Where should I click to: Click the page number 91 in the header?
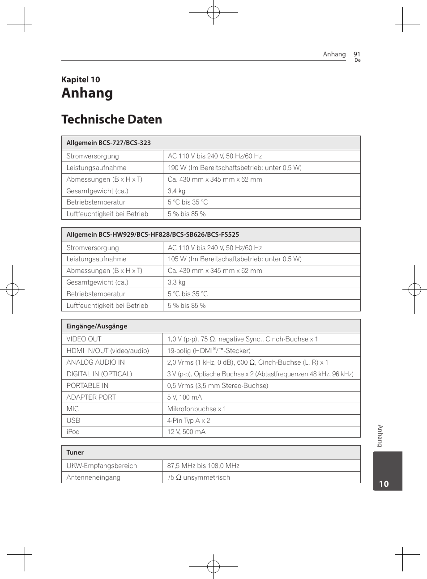[x=357, y=54]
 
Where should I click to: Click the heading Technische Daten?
[x=111, y=119]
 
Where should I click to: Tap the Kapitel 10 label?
[x=81, y=80]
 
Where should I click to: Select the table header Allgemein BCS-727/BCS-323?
[x=108, y=143]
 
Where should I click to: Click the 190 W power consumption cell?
[x=235, y=168]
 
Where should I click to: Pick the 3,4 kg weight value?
[x=176, y=191]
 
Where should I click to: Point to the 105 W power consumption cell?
[x=235, y=259]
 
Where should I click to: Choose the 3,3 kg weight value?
[x=176, y=282]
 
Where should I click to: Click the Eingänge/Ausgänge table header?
[x=97, y=326]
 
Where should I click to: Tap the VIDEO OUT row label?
[x=84, y=339]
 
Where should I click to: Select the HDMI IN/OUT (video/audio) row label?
[x=107, y=351]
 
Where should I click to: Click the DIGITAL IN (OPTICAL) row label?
[x=99, y=374]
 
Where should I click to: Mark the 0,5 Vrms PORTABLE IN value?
[x=218, y=386]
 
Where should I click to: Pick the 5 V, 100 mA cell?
[x=184, y=397]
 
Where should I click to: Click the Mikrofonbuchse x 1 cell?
[x=196, y=409]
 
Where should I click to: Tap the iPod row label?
[x=73, y=432]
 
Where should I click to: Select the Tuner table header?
[x=75, y=452]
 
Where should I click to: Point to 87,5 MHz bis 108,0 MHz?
[x=203, y=466]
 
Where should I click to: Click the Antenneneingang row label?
[x=93, y=477]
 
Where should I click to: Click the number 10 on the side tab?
[x=384, y=484]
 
